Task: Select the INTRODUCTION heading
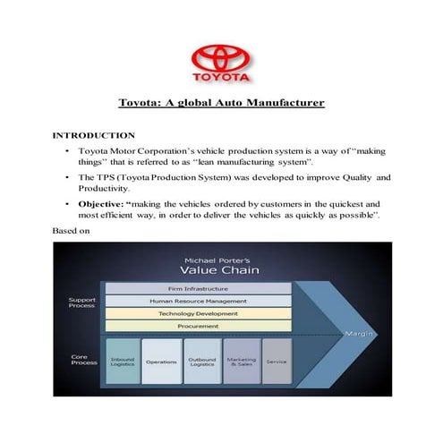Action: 94,135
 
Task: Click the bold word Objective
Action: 102,203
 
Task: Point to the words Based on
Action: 71,231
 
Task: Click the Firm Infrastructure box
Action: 199,289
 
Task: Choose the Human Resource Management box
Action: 199,302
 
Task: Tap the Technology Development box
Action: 199,314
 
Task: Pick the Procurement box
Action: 199,327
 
